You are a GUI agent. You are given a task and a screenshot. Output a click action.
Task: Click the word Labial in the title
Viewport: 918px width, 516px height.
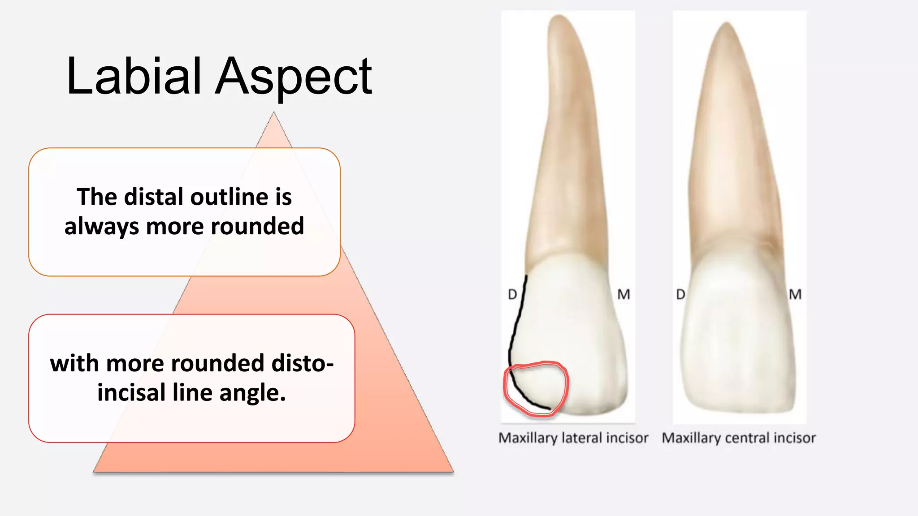[133, 76]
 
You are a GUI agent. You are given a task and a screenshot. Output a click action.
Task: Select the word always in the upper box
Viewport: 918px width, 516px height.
[101, 226]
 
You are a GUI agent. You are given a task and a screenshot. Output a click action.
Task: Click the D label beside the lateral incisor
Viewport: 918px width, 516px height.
[512, 294]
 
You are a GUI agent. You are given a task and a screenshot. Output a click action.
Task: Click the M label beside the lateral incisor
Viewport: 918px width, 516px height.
[624, 294]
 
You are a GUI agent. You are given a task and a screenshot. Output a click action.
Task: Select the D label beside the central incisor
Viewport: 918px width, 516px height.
[680, 294]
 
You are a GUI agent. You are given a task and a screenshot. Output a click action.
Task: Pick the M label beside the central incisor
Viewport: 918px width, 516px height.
[795, 294]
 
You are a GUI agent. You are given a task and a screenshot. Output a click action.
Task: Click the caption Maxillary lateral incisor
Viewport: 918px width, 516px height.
[573, 438]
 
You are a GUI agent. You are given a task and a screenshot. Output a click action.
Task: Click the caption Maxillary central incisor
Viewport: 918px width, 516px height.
[739, 438]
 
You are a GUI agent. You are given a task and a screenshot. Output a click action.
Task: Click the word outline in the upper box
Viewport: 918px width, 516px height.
[218, 197]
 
